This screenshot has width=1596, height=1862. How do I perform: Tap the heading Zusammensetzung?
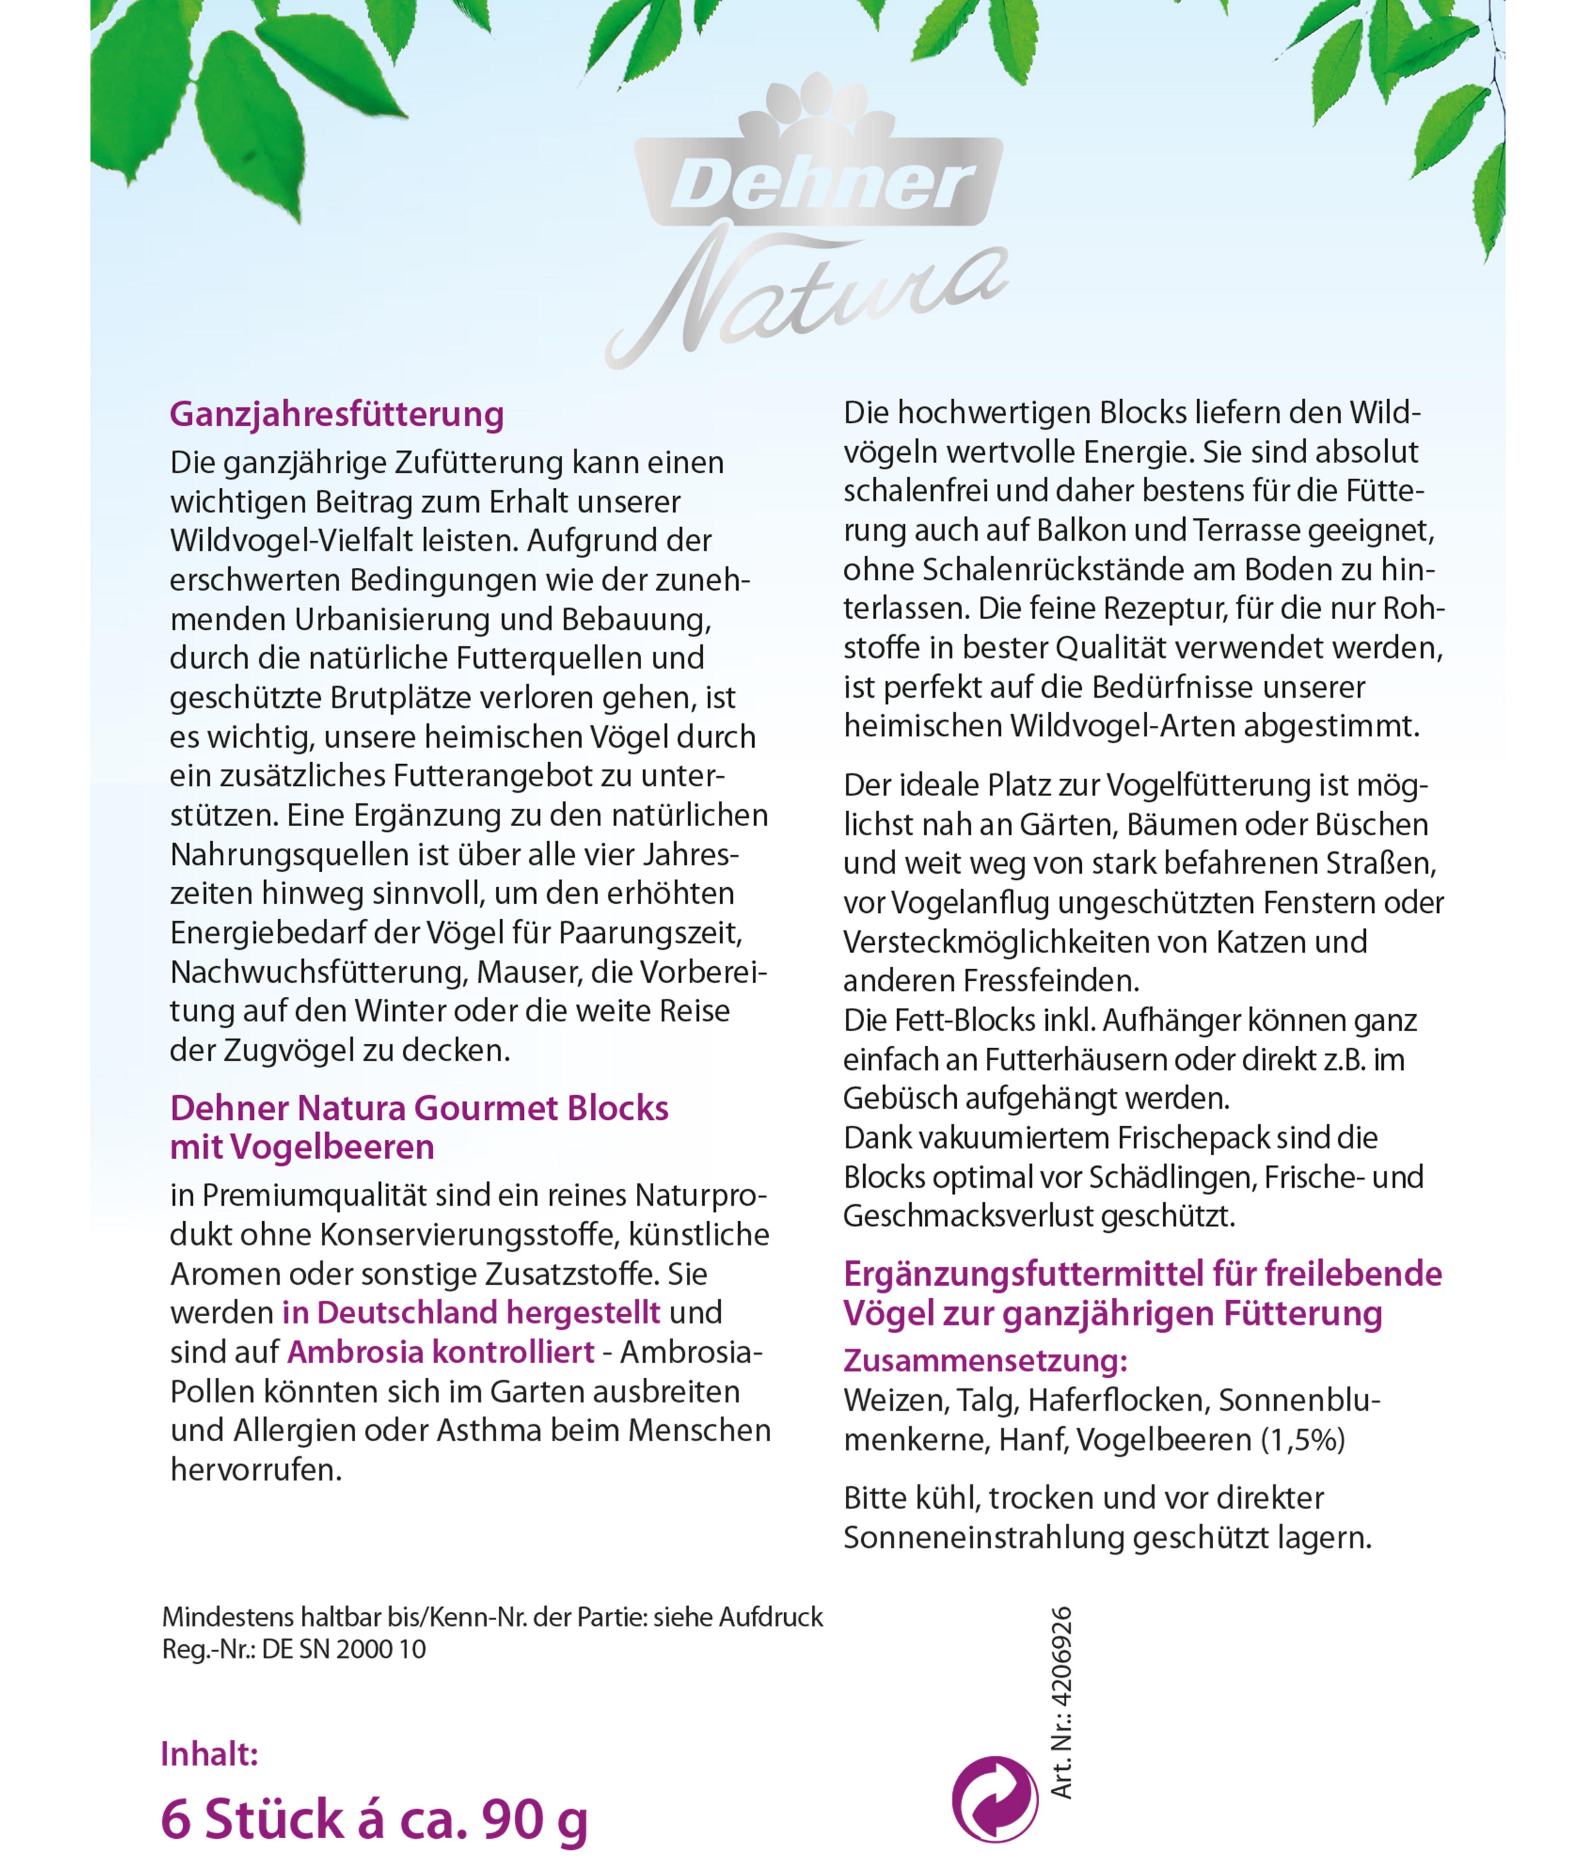tap(985, 1361)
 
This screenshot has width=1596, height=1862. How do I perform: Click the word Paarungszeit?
tap(650, 933)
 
